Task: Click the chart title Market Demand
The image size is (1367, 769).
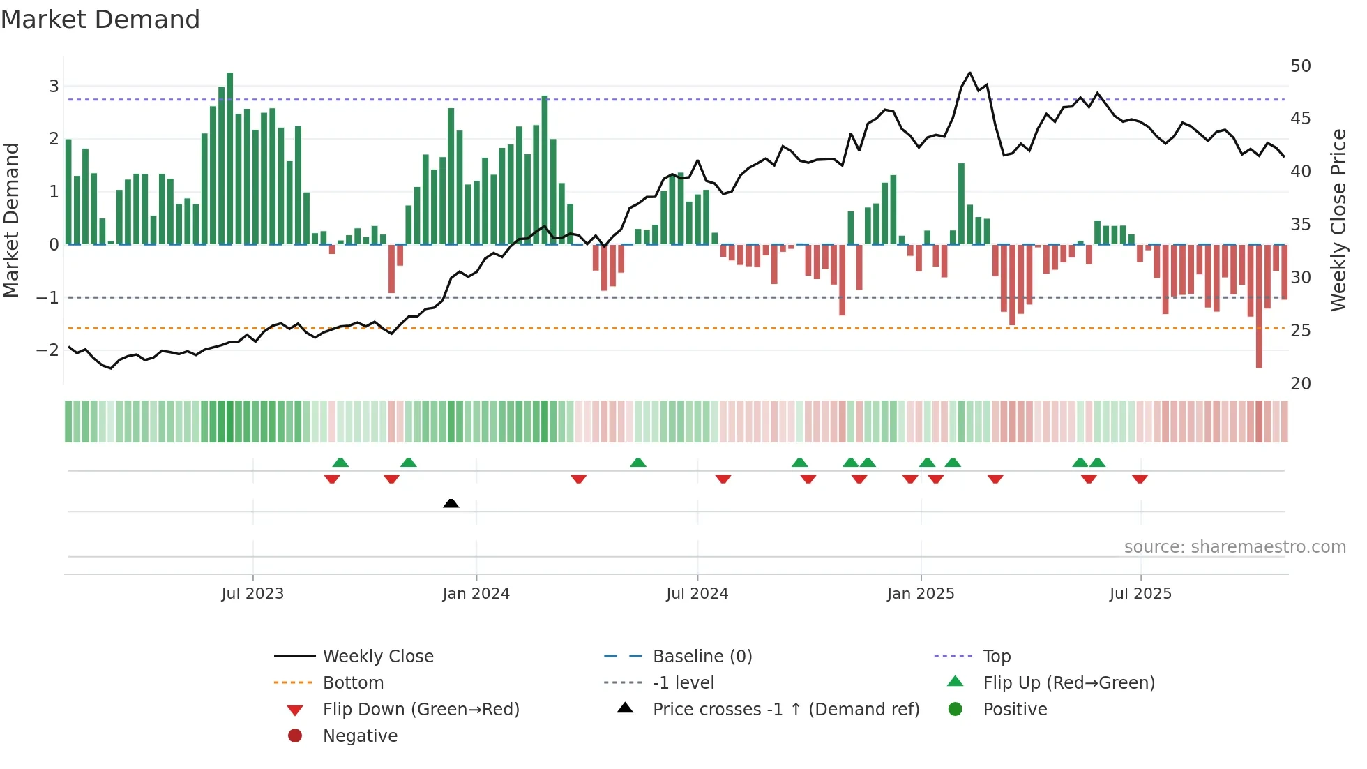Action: click(100, 20)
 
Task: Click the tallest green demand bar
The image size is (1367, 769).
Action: click(230, 157)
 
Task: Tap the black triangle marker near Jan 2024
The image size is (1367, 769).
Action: click(451, 503)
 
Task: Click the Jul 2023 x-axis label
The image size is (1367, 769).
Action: click(252, 594)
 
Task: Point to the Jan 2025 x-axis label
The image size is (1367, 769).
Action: click(921, 594)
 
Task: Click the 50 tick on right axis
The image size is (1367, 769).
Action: click(1301, 66)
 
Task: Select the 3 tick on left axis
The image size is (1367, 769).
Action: click(54, 86)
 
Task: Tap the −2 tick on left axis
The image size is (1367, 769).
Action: click(48, 350)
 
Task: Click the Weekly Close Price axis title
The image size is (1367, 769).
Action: click(1338, 220)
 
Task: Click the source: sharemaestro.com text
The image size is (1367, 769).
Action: click(1234, 547)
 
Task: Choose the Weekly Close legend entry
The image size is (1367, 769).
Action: click(377, 657)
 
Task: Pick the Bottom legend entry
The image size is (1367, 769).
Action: click(353, 683)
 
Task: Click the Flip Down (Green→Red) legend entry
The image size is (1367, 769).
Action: click(421, 710)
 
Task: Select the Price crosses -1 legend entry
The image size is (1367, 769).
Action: click(785, 710)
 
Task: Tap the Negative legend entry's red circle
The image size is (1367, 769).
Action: click(295, 736)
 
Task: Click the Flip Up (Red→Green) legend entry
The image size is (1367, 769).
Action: click(1068, 683)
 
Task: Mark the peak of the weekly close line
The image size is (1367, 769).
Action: click(969, 73)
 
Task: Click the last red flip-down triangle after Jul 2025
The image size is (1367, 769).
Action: click(1140, 479)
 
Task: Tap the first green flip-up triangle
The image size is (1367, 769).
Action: click(340, 463)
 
